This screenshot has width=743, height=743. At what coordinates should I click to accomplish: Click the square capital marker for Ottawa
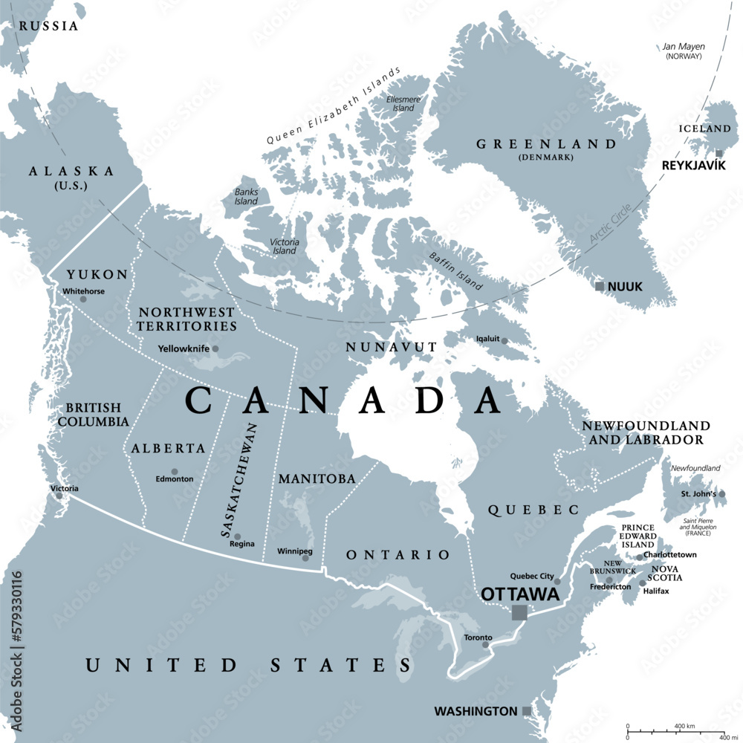[519, 612]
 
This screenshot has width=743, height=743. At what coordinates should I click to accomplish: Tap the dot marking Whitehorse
[83, 299]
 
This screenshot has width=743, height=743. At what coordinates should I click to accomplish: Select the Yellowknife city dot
[215, 348]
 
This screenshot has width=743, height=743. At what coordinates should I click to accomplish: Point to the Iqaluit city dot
[504, 341]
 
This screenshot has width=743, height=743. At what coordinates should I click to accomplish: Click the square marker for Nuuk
[600, 286]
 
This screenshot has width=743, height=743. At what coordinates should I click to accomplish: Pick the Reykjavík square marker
[718, 154]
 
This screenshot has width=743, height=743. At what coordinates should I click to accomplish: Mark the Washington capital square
[527, 711]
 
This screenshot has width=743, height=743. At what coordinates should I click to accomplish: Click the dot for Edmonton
[175, 472]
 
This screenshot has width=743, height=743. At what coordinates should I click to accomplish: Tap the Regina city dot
[238, 536]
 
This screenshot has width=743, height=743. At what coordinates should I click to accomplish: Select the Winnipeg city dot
[305, 558]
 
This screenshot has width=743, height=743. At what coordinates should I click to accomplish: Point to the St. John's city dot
[721, 493]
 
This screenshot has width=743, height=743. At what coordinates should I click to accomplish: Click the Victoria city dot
[59, 495]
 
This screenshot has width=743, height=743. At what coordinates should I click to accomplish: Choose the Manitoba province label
[317, 479]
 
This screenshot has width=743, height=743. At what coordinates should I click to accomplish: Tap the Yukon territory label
[97, 273]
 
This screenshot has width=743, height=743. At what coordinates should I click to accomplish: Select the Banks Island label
[246, 196]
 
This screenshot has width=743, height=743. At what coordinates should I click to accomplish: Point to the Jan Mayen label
[684, 47]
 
